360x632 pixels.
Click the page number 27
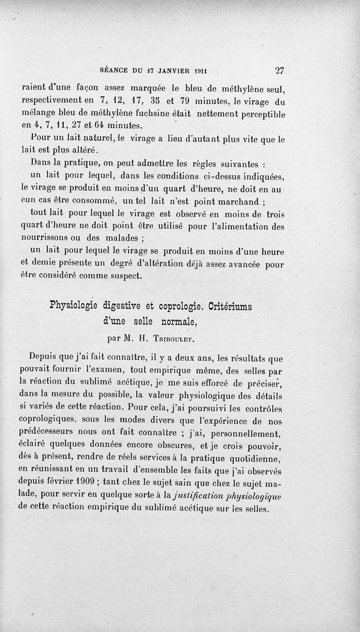point(279,70)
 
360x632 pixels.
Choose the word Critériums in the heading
point(230,306)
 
